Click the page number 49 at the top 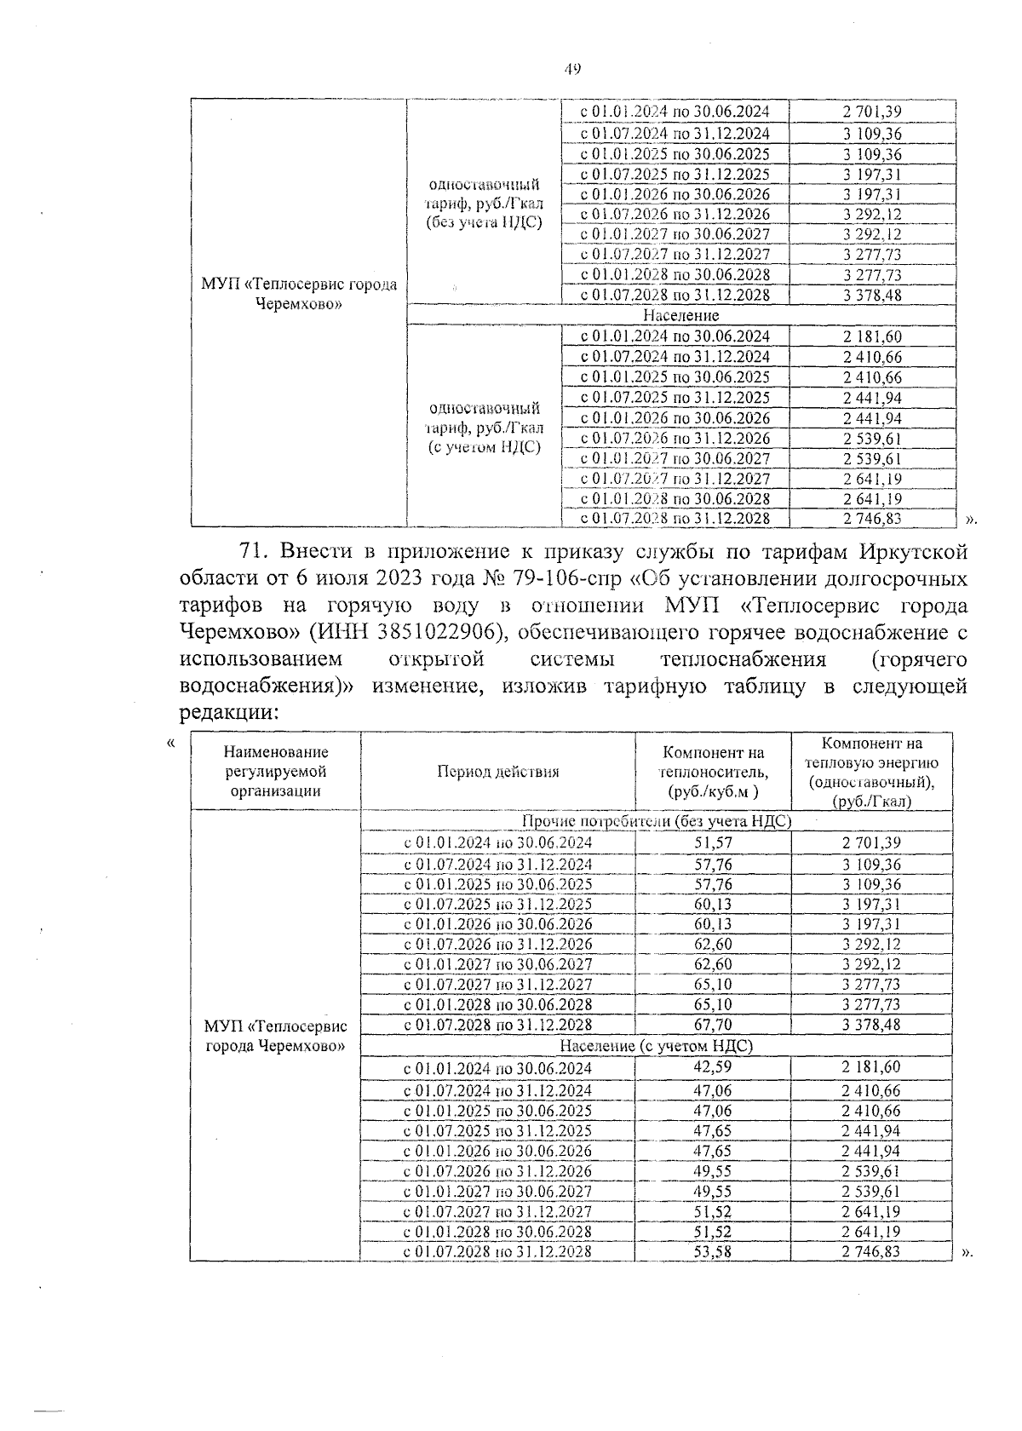click(x=571, y=69)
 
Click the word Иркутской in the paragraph click(x=913, y=551)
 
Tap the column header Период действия click(x=498, y=772)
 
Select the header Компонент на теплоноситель click(x=714, y=772)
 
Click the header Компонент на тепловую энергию click(x=871, y=772)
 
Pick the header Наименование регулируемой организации click(x=276, y=771)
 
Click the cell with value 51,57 click(x=714, y=842)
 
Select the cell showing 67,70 click(x=714, y=1025)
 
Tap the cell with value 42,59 click(x=714, y=1066)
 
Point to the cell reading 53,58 click(x=714, y=1251)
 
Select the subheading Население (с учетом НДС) click(x=656, y=1045)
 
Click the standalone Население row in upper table click(x=680, y=315)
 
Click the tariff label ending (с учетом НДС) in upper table click(x=484, y=428)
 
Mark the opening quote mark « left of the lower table click(x=171, y=743)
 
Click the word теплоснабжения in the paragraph click(x=743, y=659)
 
